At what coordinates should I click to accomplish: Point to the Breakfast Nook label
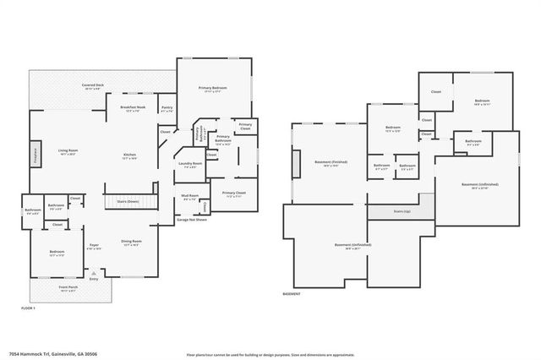pyautogui.click(x=134, y=108)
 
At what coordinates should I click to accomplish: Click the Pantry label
pyautogui.click(x=167, y=109)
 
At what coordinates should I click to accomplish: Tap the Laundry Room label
pyautogui.click(x=191, y=165)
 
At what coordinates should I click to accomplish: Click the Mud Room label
pyautogui.click(x=190, y=198)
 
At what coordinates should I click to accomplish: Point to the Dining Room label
pyautogui.click(x=132, y=243)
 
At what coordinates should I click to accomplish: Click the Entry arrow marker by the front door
pyautogui.click(x=93, y=275)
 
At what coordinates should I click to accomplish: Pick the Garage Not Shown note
pyautogui.click(x=192, y=221)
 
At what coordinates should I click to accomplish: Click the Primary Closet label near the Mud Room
pyautogui.click(x=234, y=194)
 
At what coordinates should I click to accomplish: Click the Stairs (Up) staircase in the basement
pyautogui.click(x=402, y=211)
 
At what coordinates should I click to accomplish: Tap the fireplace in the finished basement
pyautogui.click(x=296, y=163)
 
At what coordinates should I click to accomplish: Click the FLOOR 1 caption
pyautogui.click(x=28, y=308)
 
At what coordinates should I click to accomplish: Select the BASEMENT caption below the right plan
pyautogui.click(x=292, y=294)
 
